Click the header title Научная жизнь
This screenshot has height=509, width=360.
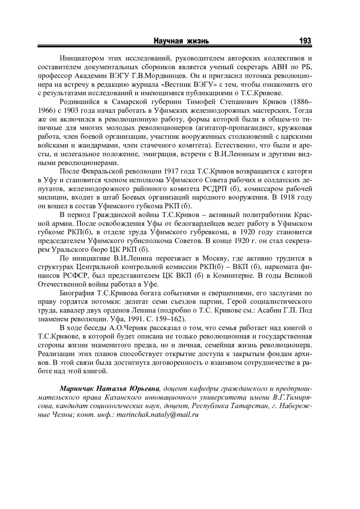coord(181,41)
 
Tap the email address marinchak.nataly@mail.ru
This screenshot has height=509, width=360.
coord(157,415)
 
